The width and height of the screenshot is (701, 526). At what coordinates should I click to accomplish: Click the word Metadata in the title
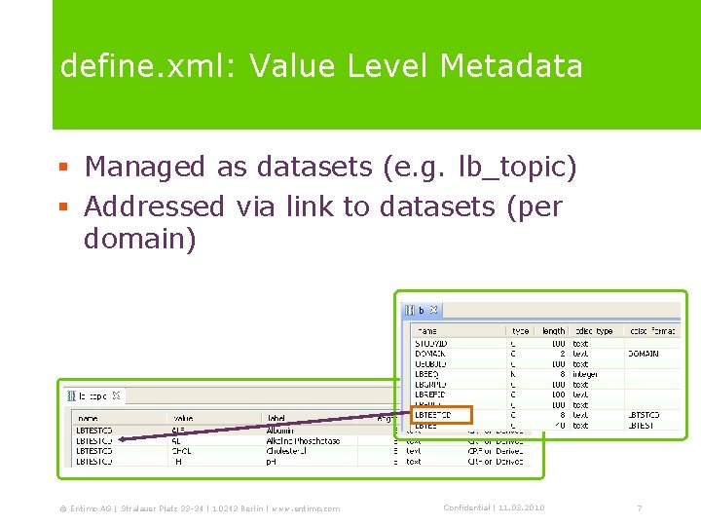point(511,66)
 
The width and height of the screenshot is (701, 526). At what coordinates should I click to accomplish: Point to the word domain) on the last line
point(140,240)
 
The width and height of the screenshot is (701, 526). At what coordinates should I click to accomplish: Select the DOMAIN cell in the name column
point(430,354)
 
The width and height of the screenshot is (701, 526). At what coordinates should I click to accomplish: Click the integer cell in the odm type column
point(585,374)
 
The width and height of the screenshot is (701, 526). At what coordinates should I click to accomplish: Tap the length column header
point(553,331)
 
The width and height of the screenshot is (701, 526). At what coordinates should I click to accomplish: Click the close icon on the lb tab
point(434,311)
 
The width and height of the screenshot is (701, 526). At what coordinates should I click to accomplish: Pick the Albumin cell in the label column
point(280,430)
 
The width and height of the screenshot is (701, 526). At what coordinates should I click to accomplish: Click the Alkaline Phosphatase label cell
point(302,440)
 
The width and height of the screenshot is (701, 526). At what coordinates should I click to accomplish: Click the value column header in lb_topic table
point(184,419)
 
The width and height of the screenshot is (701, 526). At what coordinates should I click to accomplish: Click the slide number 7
point(639,508)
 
